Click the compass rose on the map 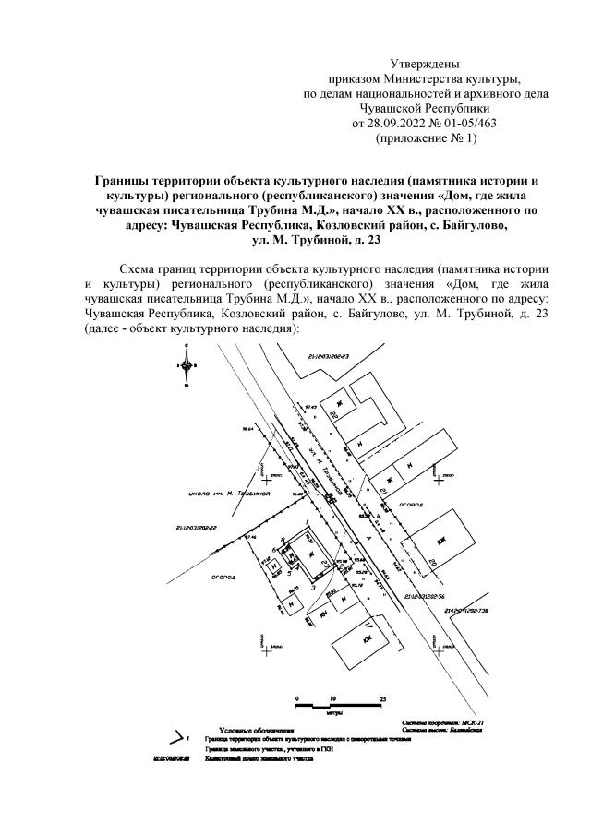point(187,363)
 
